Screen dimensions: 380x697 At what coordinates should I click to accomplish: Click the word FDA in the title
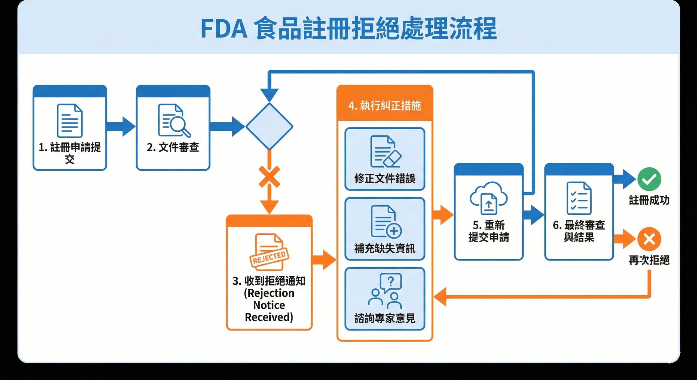(x=224, y=29)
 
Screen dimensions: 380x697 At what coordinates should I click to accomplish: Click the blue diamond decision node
(x=269, y=126)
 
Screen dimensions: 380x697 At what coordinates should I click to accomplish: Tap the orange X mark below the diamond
(x=269, y=177)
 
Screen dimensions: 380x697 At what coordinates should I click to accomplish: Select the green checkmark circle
(x=649, y=179)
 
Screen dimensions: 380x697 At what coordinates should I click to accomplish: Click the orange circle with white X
(x=649, y=239)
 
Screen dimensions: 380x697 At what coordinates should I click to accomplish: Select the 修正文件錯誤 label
(x=384, y=179)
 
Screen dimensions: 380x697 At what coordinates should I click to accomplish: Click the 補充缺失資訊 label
(x=384, y=248)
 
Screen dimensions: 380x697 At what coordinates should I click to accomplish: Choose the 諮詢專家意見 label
(x=384, y=318)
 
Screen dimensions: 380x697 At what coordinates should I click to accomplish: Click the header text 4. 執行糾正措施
(x=384, y=106)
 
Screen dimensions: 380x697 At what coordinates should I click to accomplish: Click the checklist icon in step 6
(x=579, y=198)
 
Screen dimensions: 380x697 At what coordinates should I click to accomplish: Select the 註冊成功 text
(x=649, y=200)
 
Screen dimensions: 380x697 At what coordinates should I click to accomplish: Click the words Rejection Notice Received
(x=269, y=305)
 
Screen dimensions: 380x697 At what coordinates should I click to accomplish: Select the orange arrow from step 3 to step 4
(x=324, y=260)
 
